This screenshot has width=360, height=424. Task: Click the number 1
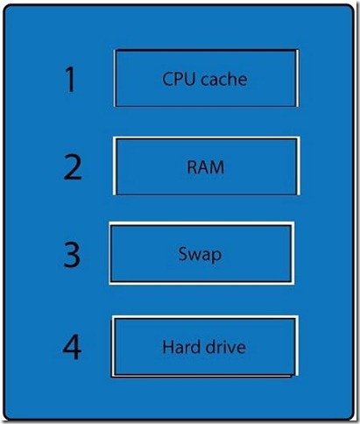pyautogui.click(x=71, y=79)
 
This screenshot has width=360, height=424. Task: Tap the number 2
pyautogui.click(x=73, y=166)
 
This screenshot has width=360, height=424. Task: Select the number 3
pyautogui.click(x=72, y=254)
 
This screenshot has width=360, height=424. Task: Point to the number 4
pyautogui.click(x=72, y=347)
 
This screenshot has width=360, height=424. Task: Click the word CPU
pyautogui.click(x=179, y=79)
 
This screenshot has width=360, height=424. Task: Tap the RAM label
pyautogui.click(x=206, y=167)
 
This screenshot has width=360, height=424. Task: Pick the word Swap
pyautogui.click(x=200, y=255)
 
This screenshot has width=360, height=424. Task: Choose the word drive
pyautogui.click(x=225, y=347)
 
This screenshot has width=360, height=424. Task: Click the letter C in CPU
pyautogui.click(x=167, y=79)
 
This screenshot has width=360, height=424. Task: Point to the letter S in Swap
pyautogui.click(x=182, y=254)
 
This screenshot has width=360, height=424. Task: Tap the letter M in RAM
pyautogui.click(x=216, y=167)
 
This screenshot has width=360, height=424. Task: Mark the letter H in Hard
pyautogui.click(x=168, y=347)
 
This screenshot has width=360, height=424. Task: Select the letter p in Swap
pyautogui.click(x=217, y=257)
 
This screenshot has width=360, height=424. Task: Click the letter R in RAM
pyautogui.click(x=192, y=167)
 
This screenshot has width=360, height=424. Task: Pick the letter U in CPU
pyautogui.click(x=189, y=79)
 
